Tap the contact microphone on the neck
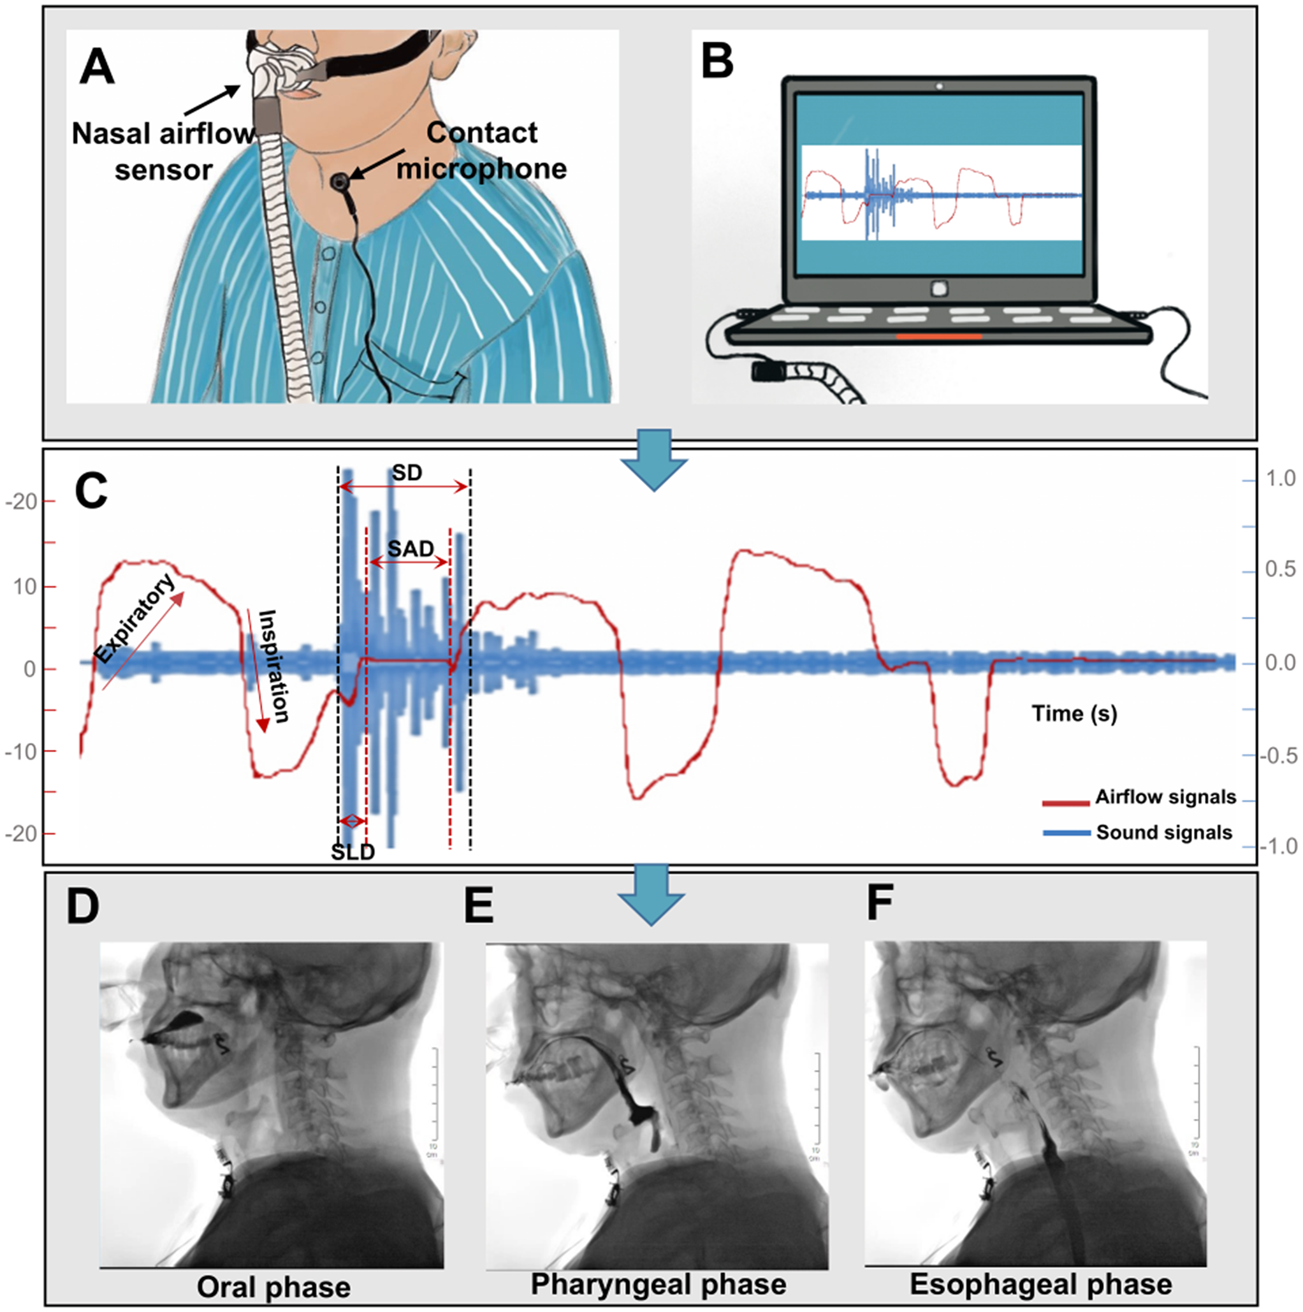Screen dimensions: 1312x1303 pos(339,181)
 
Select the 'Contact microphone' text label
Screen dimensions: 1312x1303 pos(481,150)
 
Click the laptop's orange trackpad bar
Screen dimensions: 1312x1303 pos(938,336)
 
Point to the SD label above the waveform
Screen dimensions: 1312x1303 pos(407,472)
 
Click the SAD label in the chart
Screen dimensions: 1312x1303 pos(410,548)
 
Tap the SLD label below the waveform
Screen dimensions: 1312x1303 pos(353,852)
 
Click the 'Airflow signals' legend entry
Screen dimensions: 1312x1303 pos(1165,797)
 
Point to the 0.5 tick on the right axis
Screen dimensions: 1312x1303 pos(1281,569)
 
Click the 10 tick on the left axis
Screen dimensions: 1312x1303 pos(25,587)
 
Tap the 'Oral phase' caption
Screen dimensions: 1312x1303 pos(273,1287)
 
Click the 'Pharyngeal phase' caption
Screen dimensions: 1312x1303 pos(658,1284)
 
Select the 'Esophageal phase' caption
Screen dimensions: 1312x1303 pos(1040,1284)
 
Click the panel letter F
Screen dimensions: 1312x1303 pos(880,903)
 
